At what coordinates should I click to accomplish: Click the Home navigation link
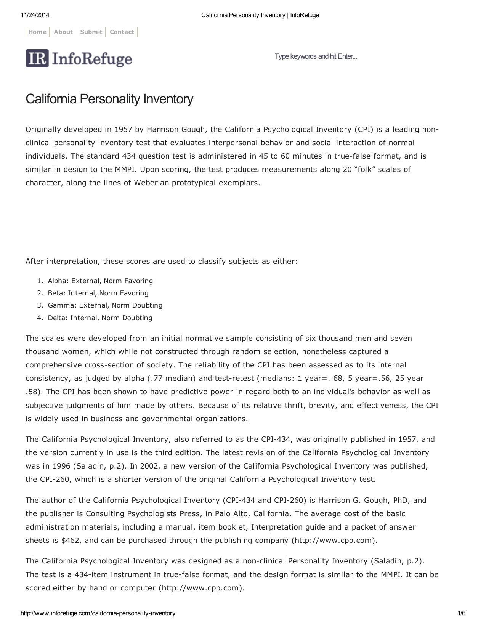(37, 32)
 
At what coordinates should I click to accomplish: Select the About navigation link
(63, 32)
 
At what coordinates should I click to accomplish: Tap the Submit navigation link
(91, 32)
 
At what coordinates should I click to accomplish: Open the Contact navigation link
(122, 32)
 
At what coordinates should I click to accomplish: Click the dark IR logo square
(37, 58)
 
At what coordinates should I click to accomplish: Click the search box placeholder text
(316, 56)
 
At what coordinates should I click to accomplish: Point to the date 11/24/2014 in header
(35, 15)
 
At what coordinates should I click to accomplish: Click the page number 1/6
(461, 613)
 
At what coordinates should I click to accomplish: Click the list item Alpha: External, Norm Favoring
(100, 281)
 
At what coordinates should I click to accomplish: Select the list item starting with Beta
(98, 293)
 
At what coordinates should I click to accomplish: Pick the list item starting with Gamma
(105, 305)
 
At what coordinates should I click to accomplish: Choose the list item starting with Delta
(100, 318)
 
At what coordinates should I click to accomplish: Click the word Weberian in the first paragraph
(151, 183)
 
